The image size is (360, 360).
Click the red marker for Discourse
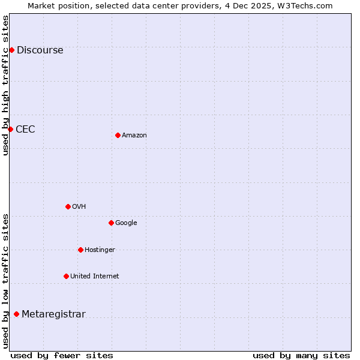pos(11,50)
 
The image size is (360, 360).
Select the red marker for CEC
pos(10,129)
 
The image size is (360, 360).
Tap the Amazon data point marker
pos(118,135)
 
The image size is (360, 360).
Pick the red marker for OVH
pos(68,206)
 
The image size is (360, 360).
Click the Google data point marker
pos(111,223)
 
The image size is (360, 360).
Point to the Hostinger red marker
pos(80,250)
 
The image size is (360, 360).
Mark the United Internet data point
pos(66,276)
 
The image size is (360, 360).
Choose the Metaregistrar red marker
pos(16,314)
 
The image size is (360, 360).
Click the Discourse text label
pos(40,50)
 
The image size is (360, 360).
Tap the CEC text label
pos(25,130)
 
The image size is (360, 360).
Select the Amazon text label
pos(134,136)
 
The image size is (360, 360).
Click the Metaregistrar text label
pos(53,314)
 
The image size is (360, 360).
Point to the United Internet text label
pos(94,277)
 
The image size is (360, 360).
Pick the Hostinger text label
pos(100,250)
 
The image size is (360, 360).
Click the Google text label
pos(126,223)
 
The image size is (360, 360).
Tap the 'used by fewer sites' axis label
pos(62,355)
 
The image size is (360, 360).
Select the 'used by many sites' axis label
pos(301,355)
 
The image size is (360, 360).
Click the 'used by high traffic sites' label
pos(5,85)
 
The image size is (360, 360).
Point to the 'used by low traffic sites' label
pos(5,280)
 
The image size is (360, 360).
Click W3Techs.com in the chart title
pos(307,5)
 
